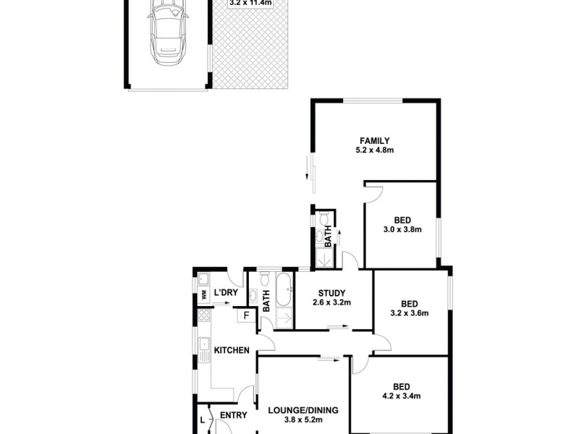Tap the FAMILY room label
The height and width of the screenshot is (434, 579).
pyautogui.click(x=375, y=140)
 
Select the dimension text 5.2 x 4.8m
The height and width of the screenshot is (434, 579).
pyautogui.click(x=375, y=150)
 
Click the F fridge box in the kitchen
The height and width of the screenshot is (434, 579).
pyautogui.click(x=247, y=315)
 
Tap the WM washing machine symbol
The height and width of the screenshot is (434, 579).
pyautogui.click(x=203, y=294)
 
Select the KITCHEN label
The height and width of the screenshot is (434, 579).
pyautogui.click(x=232, y=351)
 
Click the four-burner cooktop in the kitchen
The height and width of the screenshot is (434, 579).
pyautogui.click(x=203, y=315)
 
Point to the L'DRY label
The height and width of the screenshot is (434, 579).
pyautogui.click(x=226, y=293)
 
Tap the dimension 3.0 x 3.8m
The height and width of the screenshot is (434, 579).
pyautogui.click(x=402, y=229)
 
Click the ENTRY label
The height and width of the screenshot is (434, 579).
pyautogui.click(x=233, y=415)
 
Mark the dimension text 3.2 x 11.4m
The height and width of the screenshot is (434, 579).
pyautogui.click(x=250, y=3)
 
